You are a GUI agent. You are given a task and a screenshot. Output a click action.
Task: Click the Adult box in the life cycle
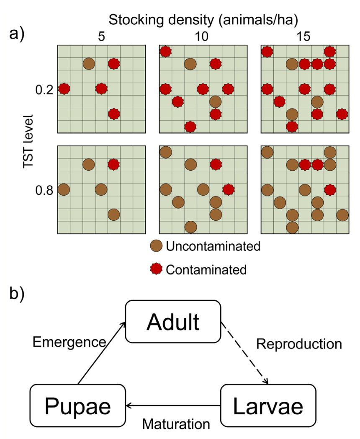[x=173, y=321]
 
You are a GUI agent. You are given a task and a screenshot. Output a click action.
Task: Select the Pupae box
[x=78, y=405]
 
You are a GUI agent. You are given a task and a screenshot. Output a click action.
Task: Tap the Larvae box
[x=268, y=405]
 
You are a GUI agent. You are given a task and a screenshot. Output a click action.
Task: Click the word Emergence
[x=69, y=342]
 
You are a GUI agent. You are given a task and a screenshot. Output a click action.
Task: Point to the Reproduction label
[x=299, y=344]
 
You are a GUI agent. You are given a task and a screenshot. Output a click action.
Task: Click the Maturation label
[x=176, y=424]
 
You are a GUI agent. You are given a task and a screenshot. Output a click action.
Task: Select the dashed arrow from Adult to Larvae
[x=245, y=353]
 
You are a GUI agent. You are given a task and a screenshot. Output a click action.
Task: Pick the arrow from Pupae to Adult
[x=102, y=353]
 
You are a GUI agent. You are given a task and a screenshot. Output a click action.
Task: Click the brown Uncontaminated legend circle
[x=156, y=246]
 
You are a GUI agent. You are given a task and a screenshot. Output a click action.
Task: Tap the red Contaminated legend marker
[x=156, y=269]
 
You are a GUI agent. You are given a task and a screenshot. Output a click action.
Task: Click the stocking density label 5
[x=101, y=36]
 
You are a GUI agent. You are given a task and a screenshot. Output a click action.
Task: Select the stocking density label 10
[x=201, y=36]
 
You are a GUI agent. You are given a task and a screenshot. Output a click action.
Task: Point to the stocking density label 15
[x=303, y=36]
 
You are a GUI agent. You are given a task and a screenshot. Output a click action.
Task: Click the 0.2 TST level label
[x=44, y=90]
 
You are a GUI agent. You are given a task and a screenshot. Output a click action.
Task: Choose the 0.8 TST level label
[x=44, y=190]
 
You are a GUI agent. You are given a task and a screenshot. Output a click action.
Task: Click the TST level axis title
[x=28, y=142]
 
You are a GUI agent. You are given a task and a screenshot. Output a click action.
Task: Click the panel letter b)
[x=17, y=293]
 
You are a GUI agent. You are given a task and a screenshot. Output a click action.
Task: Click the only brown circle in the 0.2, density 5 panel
[x=89, y=64]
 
